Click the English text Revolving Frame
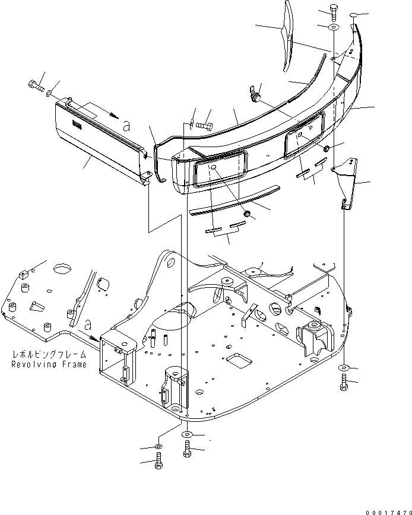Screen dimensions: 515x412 (x=49, y=364)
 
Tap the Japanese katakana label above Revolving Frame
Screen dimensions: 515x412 (x=49, y=355)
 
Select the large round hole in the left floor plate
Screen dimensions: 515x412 (x=61, y=269)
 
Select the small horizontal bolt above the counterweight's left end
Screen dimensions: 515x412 (x=205, y=125)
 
